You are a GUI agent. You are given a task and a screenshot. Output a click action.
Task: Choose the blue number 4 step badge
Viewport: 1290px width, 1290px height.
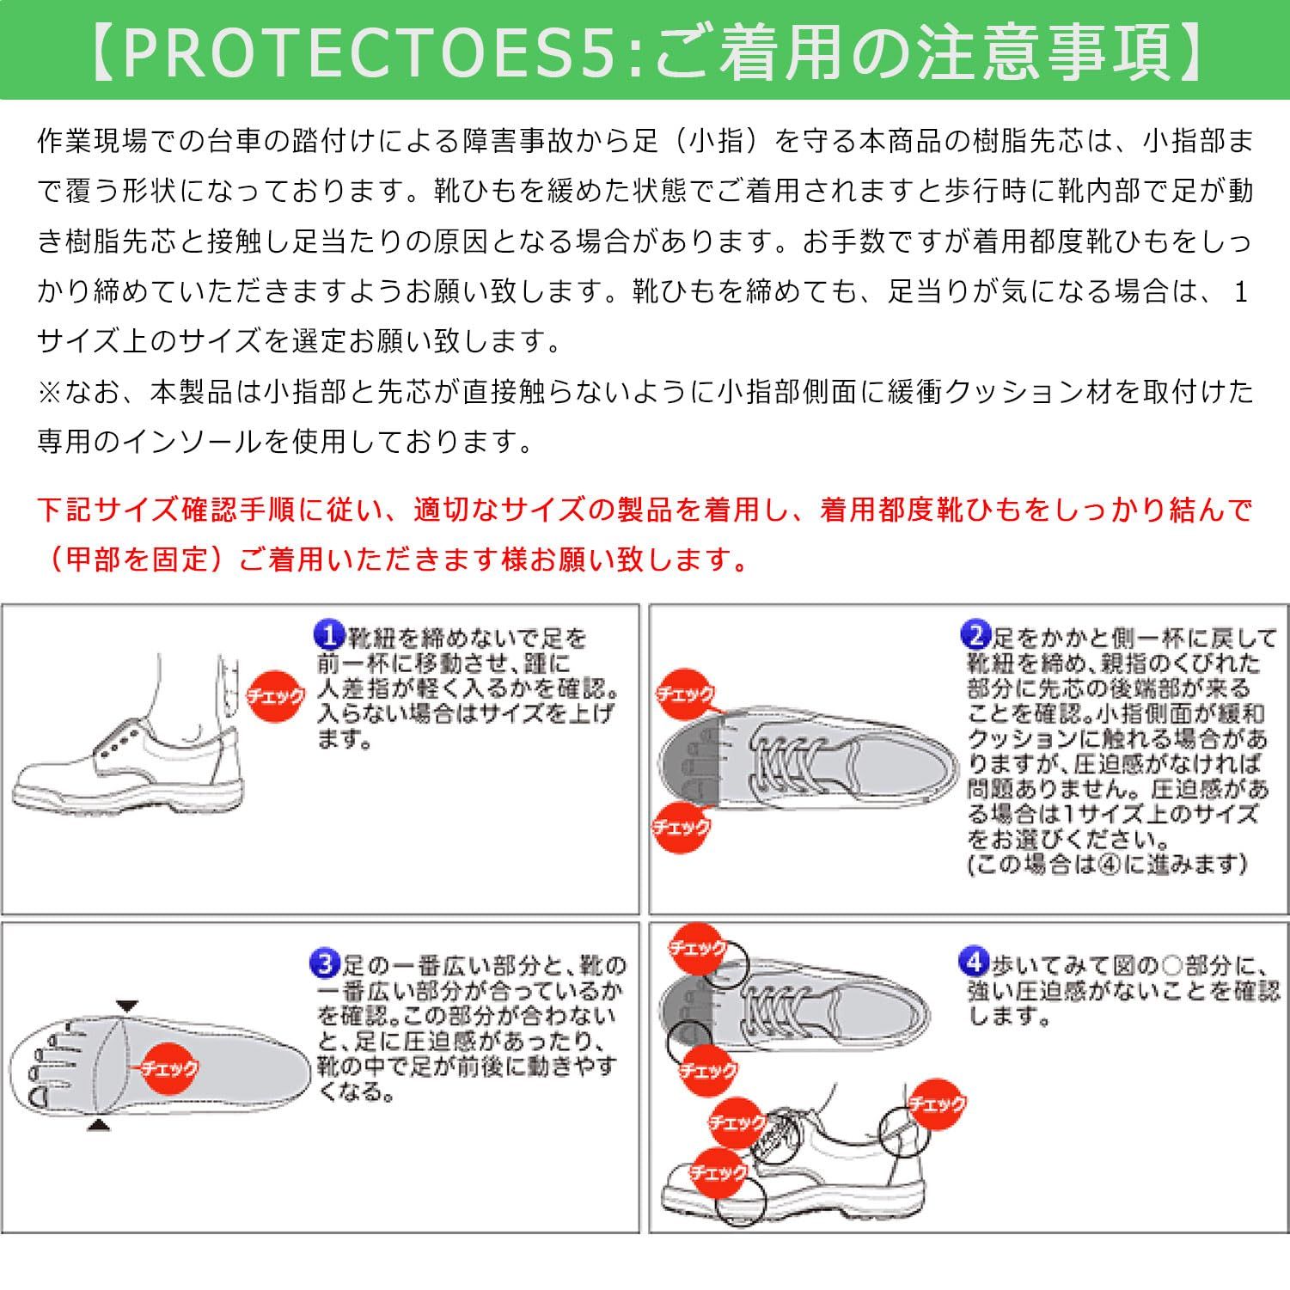[974, 963]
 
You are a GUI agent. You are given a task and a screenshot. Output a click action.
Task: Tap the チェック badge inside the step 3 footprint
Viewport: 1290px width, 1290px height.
[169, 1068]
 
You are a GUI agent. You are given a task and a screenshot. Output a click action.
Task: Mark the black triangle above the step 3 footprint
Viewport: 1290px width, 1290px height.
[126, 1006]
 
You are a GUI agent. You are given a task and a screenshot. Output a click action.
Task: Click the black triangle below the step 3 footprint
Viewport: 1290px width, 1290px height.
[100, 1124]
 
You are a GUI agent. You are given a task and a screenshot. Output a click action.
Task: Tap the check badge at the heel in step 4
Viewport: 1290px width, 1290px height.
[938, 1104]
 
